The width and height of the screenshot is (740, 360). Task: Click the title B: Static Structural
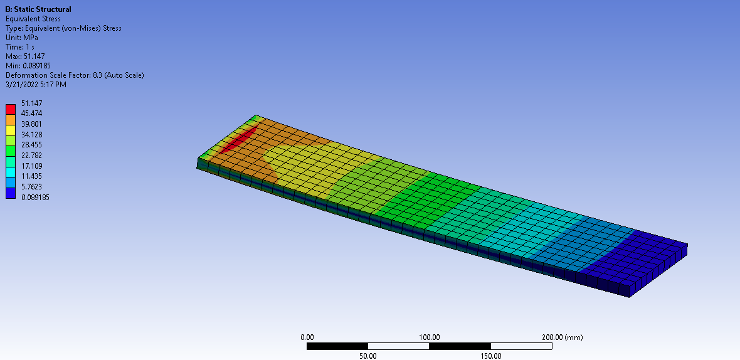38,9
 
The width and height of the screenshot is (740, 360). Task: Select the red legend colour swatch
11,109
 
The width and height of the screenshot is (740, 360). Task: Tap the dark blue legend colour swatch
11,193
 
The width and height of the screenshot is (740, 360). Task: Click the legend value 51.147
32,103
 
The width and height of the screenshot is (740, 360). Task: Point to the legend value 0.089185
35,197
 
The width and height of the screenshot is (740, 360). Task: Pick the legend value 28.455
32,145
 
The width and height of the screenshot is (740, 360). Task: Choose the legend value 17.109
32,166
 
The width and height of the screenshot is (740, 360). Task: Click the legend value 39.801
32,124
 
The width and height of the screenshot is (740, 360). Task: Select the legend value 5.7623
32,187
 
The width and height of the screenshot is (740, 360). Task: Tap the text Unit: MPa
22,38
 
